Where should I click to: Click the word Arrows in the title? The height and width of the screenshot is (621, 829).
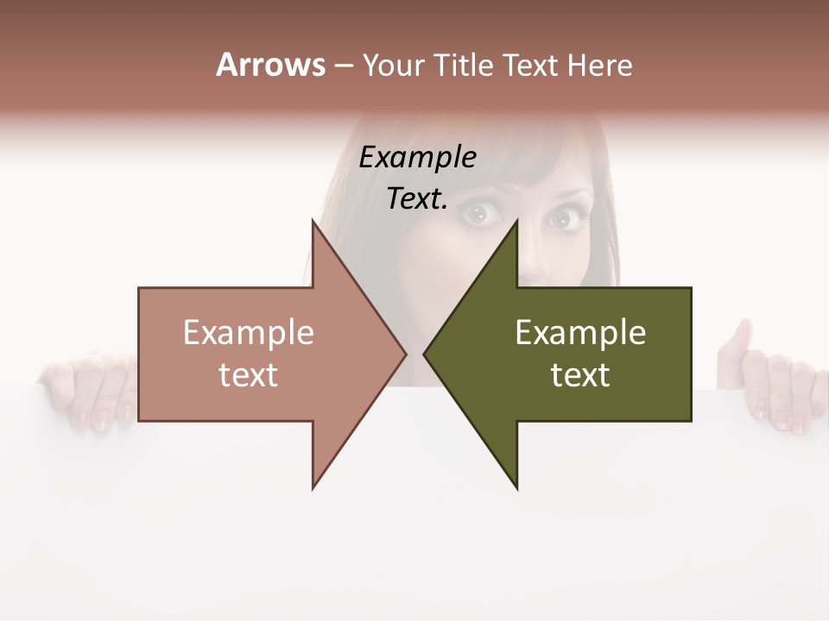tap(270, 65)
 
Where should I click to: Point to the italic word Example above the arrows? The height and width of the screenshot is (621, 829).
tap(417, 159)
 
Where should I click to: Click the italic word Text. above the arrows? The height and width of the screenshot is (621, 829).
tap(417, 199)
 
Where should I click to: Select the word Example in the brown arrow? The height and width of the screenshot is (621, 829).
tap(249, 333)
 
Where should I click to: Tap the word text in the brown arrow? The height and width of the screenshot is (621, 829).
tap(249, 375)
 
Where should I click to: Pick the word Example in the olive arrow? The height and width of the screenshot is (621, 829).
tap(580, 333)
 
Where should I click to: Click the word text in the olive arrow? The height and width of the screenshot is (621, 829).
tap(580, 375)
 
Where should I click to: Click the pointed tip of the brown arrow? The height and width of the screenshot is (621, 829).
tap(406, 354)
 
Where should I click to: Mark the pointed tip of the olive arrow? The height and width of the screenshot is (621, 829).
tap(424, 354)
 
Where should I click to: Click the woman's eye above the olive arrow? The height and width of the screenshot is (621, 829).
tap(565, 220)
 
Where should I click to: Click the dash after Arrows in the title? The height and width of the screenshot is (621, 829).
tap(342, 66)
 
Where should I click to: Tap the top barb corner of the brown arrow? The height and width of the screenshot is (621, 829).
tap(313, 221)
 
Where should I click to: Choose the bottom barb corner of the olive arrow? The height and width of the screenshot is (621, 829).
tap(516, 488)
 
